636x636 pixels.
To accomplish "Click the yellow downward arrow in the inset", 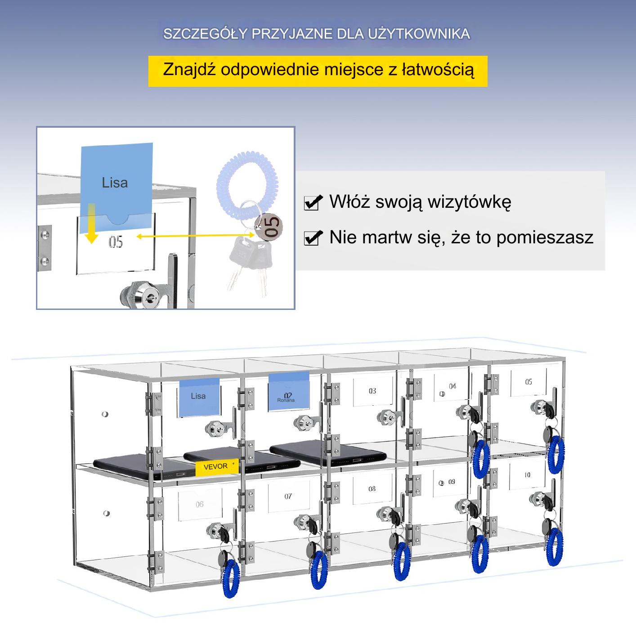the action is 91,224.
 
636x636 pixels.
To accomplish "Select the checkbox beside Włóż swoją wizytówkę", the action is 313,202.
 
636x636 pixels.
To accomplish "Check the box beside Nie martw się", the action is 313,237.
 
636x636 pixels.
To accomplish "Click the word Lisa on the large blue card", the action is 115,183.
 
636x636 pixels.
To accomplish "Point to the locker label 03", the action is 372,391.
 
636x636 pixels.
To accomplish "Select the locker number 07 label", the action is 288,496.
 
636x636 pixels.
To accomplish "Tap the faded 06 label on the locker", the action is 200,504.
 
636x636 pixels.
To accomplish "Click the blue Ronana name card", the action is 289,392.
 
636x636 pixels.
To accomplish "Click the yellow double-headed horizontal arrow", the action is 195,236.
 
